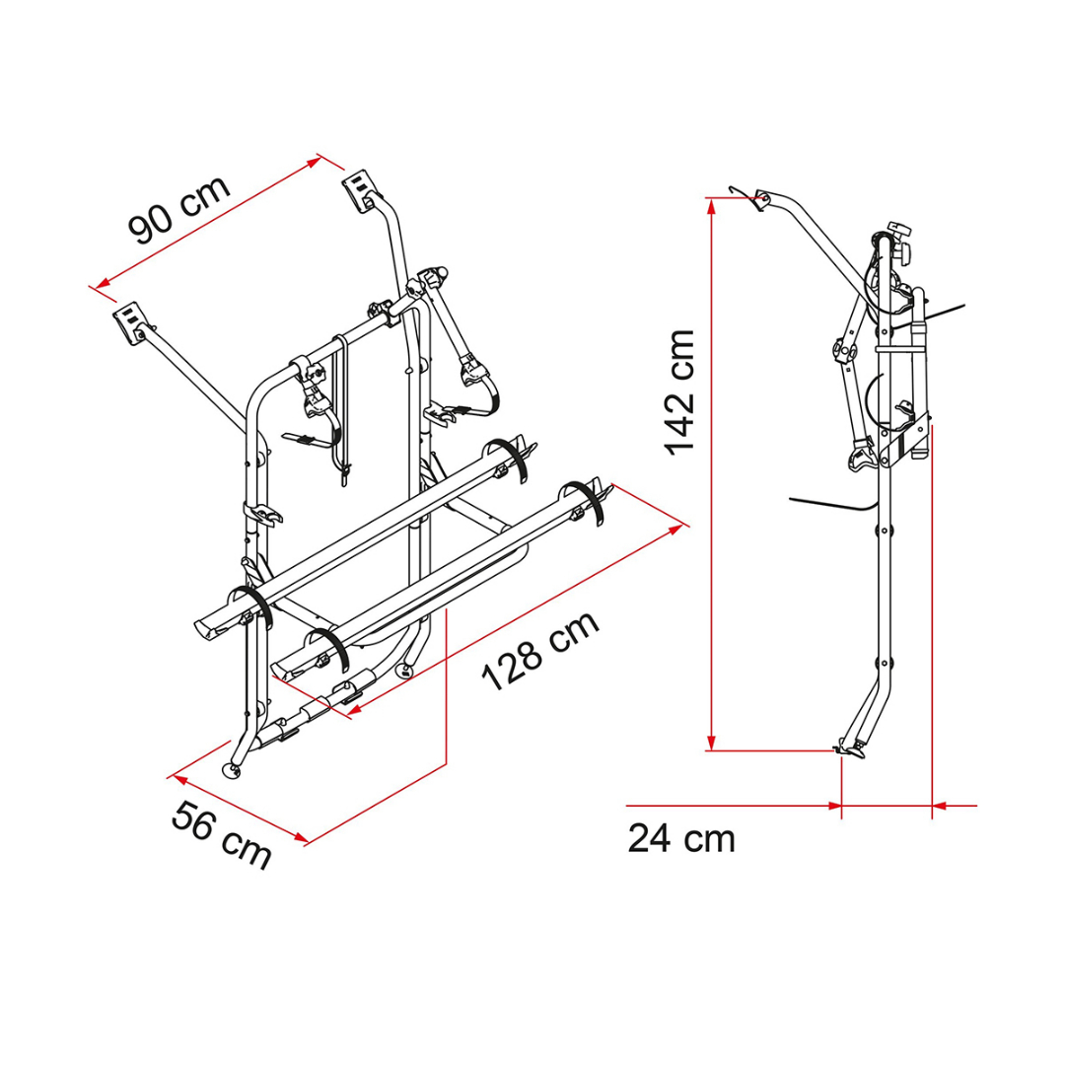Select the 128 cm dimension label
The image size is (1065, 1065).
point(540,650)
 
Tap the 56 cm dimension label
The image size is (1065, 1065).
point(222,835)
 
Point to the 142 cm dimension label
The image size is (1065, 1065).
point(679,392)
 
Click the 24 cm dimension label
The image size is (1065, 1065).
point(681,839)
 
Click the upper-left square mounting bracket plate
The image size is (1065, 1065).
point(130,322)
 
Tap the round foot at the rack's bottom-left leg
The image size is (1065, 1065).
point(234,771)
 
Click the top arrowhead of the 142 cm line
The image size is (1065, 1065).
point(711,205)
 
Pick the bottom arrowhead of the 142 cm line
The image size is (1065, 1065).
point(711,743)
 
